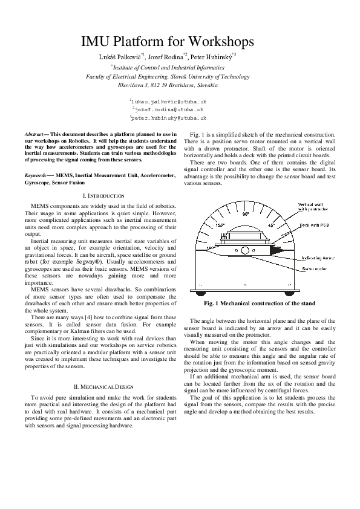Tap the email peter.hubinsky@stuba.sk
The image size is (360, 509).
[169, 119]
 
